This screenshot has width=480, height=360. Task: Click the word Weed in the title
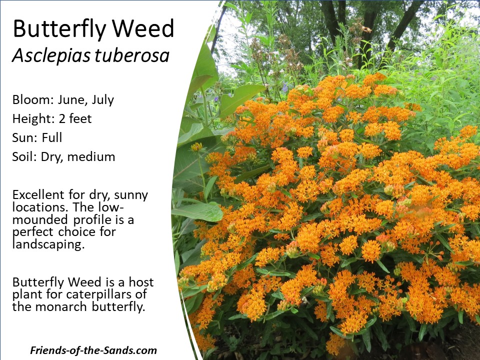pyautogui.click(x=144, y=28)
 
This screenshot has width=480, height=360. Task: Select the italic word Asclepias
pyautogui.click(x=51, y=56)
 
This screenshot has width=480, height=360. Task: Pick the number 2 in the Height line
pyautogui.click(x=62, y=119)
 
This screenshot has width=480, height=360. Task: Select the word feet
pyautogui.click(x=80, y=119)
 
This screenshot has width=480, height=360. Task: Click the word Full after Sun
pyautogui.click(x=51, y=137)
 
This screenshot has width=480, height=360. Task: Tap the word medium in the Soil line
pyautogui.click(x=91, y=156)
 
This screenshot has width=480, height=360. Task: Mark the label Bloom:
pyautogui.click(x=33, y=100)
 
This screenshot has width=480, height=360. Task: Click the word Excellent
pyautogui.click(x=38, y=194)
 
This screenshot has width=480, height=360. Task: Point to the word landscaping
pyautogui.click(x=48, y=245)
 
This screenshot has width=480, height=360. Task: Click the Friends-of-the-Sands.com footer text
pyautogui.click(x=93, y=350)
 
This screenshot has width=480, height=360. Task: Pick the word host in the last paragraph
pyautogui.click(x=141, y=282)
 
